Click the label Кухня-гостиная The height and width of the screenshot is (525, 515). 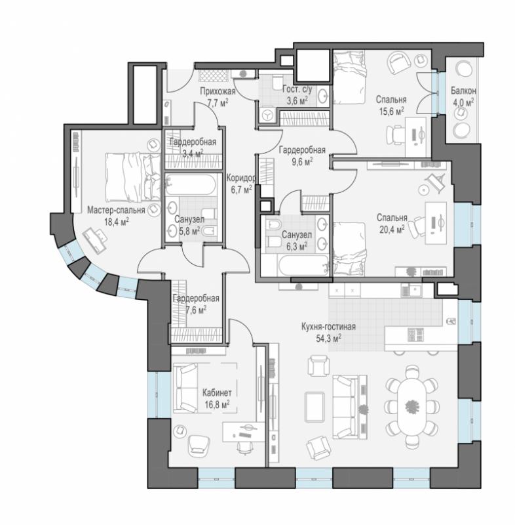[x=328, y=327]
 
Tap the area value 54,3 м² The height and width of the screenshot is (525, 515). [x=328, y=338]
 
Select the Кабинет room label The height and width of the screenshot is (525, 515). [x=217, y=392]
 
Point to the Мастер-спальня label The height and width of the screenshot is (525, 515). [x=117, y=210]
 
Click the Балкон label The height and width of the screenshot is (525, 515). [x=463, y=91]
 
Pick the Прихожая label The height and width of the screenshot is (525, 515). [x=218, y=91]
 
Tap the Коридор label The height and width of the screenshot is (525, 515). [x=241, y=178]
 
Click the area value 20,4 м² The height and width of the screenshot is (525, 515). [x=392, y=229]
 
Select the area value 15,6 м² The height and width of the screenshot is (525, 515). [x=391, y=111]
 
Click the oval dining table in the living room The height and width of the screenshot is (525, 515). [x=411, y=406]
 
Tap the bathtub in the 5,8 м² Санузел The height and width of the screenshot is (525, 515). [x=191, y=184]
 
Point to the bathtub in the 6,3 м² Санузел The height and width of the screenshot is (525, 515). [x=303, y=266]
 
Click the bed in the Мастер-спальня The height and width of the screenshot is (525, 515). [x=133, y=177]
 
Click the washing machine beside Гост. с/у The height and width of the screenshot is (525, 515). [x=267, y=115]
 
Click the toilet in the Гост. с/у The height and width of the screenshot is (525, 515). [x=277, y=82]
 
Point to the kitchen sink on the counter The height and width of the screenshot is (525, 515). [x=414, y=290]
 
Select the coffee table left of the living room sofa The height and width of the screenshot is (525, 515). [x=315, y=407]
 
